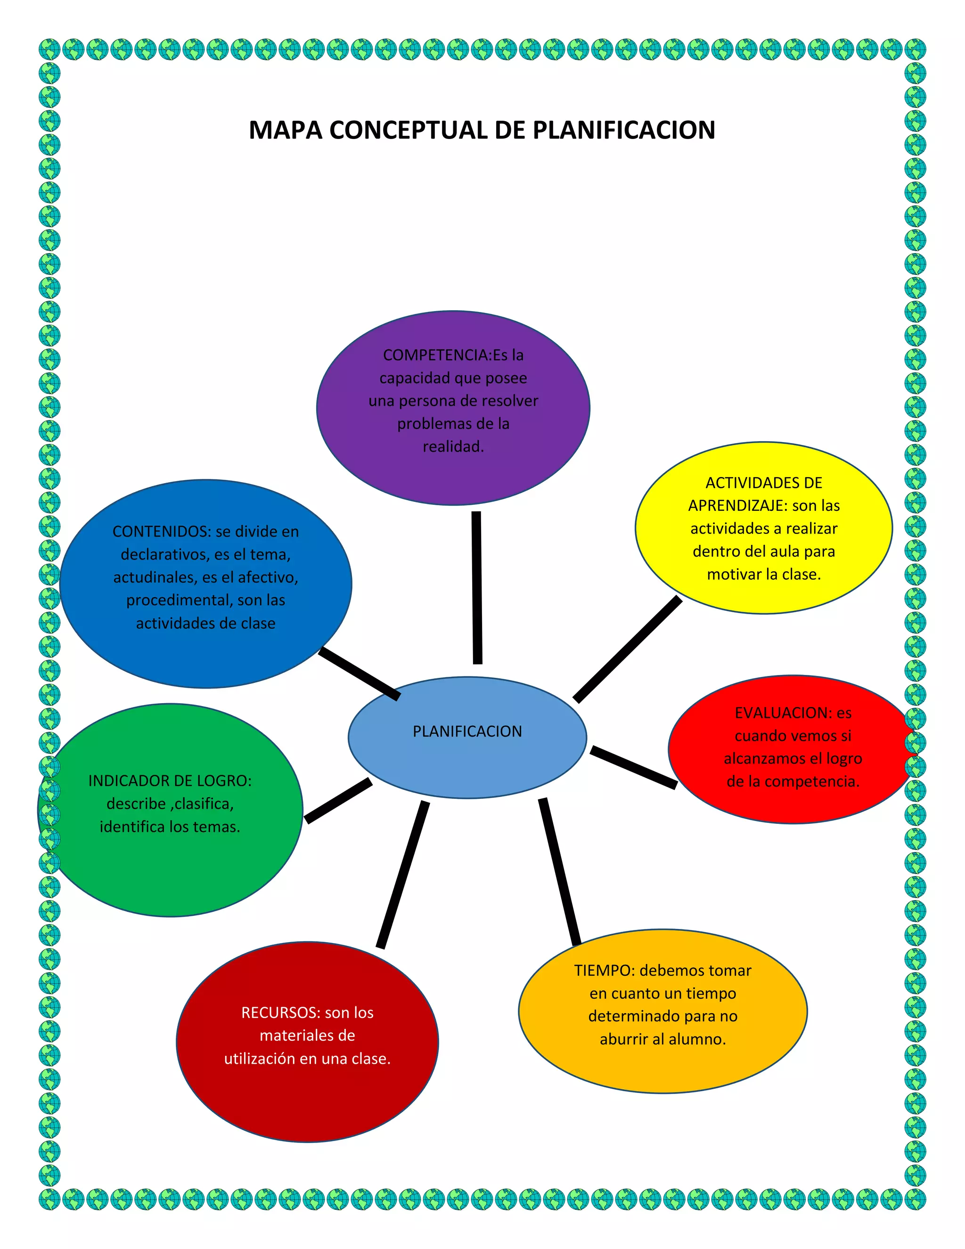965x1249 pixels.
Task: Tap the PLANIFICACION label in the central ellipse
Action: (467, 731)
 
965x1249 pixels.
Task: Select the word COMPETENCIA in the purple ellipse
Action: (437, 355)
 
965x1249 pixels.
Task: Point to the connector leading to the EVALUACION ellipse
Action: (633, 767)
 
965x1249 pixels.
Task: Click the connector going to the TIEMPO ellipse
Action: (560, 871)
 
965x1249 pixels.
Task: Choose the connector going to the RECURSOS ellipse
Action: (402, 874)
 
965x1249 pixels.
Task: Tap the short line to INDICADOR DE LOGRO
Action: (338, 801)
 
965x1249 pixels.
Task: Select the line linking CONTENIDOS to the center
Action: (359, 673)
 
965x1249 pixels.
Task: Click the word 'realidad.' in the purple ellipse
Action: (453, 447)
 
